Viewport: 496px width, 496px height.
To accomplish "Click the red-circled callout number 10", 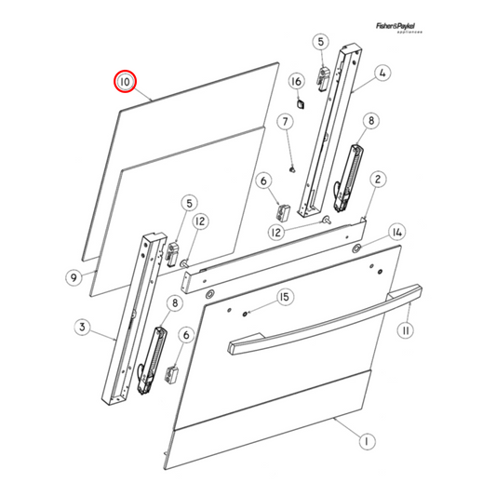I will click(x=125, y=82).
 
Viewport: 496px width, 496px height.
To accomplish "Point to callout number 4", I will click(x=382, y=73).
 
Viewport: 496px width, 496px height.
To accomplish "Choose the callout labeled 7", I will click(x=287, y=122).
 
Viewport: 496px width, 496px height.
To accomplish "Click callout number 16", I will click(x=297, y=82).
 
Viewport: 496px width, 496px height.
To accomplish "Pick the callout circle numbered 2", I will click(x=379, y=179).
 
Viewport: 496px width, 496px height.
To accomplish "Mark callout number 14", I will click(x=396, y=231).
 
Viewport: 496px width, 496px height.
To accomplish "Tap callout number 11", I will click(x=406, y=329).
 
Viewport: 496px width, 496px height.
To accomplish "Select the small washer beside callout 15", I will click(x=244, y=313).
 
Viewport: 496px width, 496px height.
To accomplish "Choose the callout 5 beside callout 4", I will click(x=320, y=42).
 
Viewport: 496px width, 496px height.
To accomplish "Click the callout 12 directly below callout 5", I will click(x=201, y=221).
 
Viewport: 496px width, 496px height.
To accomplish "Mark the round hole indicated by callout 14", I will click(x=357, y=248).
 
